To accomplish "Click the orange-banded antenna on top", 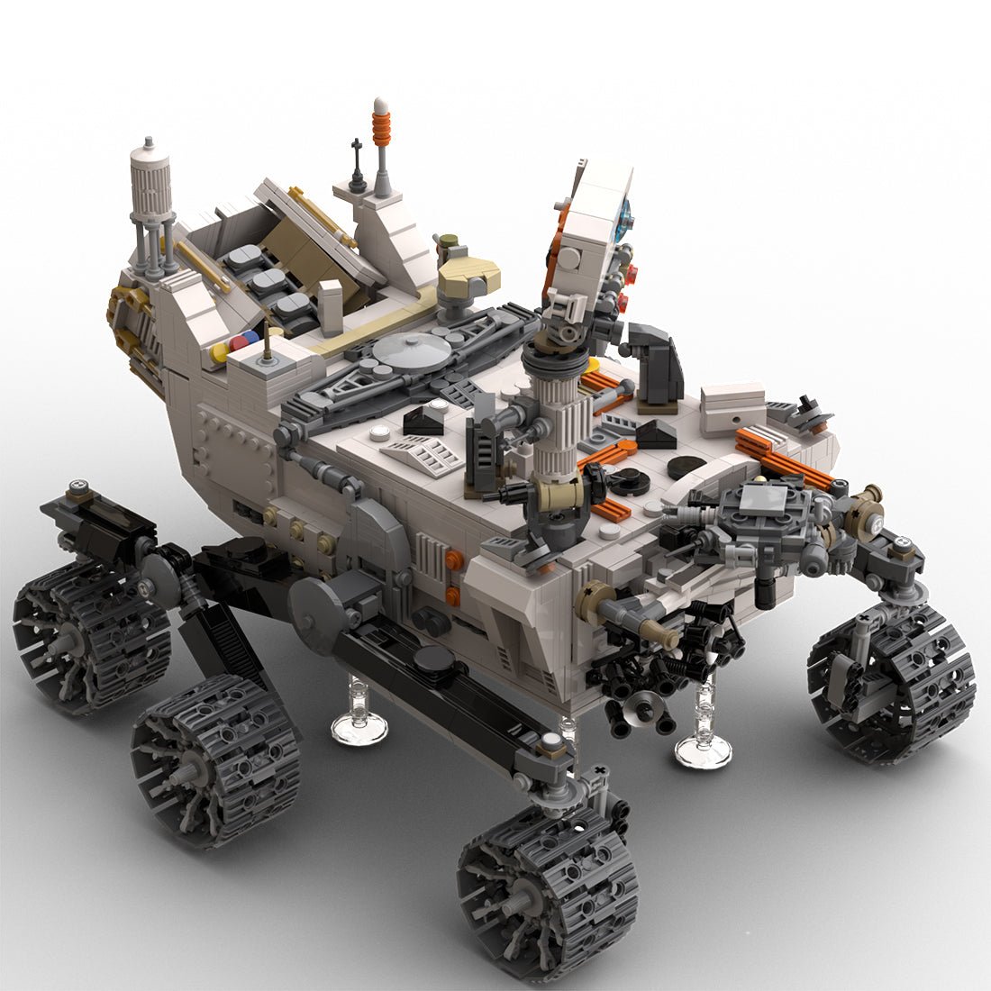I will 382,126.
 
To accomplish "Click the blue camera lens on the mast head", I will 623,214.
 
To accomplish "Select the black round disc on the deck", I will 686,468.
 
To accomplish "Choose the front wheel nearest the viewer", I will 548,891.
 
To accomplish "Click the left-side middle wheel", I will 215,759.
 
